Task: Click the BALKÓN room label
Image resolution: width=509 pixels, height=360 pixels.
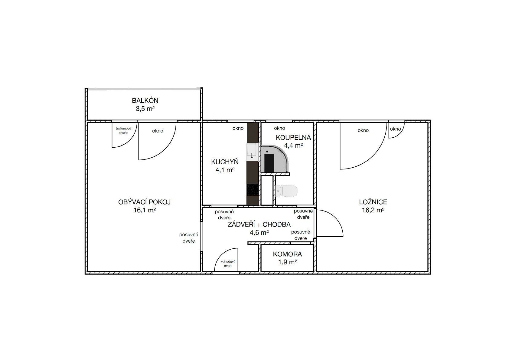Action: tap(145, 100)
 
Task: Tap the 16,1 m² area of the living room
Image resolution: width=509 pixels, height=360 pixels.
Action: tap(145, 210)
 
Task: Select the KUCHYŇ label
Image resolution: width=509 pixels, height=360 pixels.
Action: tap(225, 162)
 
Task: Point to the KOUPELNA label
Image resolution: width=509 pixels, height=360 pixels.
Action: tap(293, 138)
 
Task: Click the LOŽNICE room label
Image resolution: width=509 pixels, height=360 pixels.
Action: tap(373, 202)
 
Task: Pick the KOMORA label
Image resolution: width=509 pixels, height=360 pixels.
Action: tap(287, 254)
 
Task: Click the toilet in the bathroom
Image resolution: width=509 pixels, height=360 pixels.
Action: tap(286, 191)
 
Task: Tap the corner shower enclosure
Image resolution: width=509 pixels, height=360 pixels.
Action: tap(275, 159)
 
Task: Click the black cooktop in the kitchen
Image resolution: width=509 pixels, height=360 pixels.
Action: tap(253, 190)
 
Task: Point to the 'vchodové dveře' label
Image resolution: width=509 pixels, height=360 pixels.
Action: tap(228, 263)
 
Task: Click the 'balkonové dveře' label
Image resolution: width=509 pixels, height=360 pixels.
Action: tap(123, 130)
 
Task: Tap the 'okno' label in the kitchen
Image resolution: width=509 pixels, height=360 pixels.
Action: tap(238, 128)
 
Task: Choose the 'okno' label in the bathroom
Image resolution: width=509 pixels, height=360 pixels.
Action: tap(279, 128)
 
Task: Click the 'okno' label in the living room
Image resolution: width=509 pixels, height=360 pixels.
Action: tap(158, 131)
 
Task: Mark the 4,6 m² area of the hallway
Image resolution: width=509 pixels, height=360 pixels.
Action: tap(259, 233)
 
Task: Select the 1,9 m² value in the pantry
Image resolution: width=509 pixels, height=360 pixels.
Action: tap(287, 262)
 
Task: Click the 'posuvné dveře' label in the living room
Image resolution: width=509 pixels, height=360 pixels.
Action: tap(189, 238)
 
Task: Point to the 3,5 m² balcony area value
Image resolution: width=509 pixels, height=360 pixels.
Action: tap(145, 109)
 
